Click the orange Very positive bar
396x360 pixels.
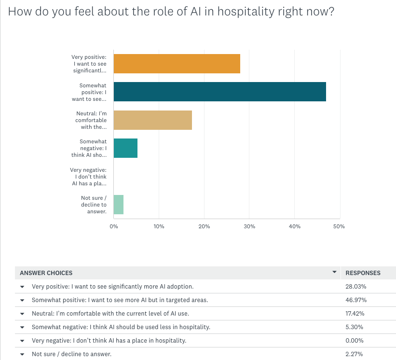[x=177, y=64]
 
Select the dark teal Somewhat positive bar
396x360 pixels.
[x=219, y=92]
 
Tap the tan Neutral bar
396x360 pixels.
[x=152, y=120]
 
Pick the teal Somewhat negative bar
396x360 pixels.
[x=125, y=148]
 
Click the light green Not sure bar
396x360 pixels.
[x=119, y=205]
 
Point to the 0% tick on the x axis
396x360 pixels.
[x=114, y=226]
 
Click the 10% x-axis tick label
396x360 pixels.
[x=159, y=226]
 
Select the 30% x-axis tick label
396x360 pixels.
[x=249, y=226]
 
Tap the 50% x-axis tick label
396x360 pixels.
[x=339, y=226]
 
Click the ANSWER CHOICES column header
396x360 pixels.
[x=46, y=273]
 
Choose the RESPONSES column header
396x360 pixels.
[x=363, y=273]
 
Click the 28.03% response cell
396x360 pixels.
[x=356, y=287]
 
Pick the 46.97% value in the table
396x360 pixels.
[x=356, y=300]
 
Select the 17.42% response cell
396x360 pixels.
[x=356, y=314]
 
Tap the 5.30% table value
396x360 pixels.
[x=355, y=327]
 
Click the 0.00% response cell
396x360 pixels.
[x=355, y=341]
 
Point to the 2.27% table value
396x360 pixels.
[x=355, y=354]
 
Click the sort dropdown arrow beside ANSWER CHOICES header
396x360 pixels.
[x=335, y=273]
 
